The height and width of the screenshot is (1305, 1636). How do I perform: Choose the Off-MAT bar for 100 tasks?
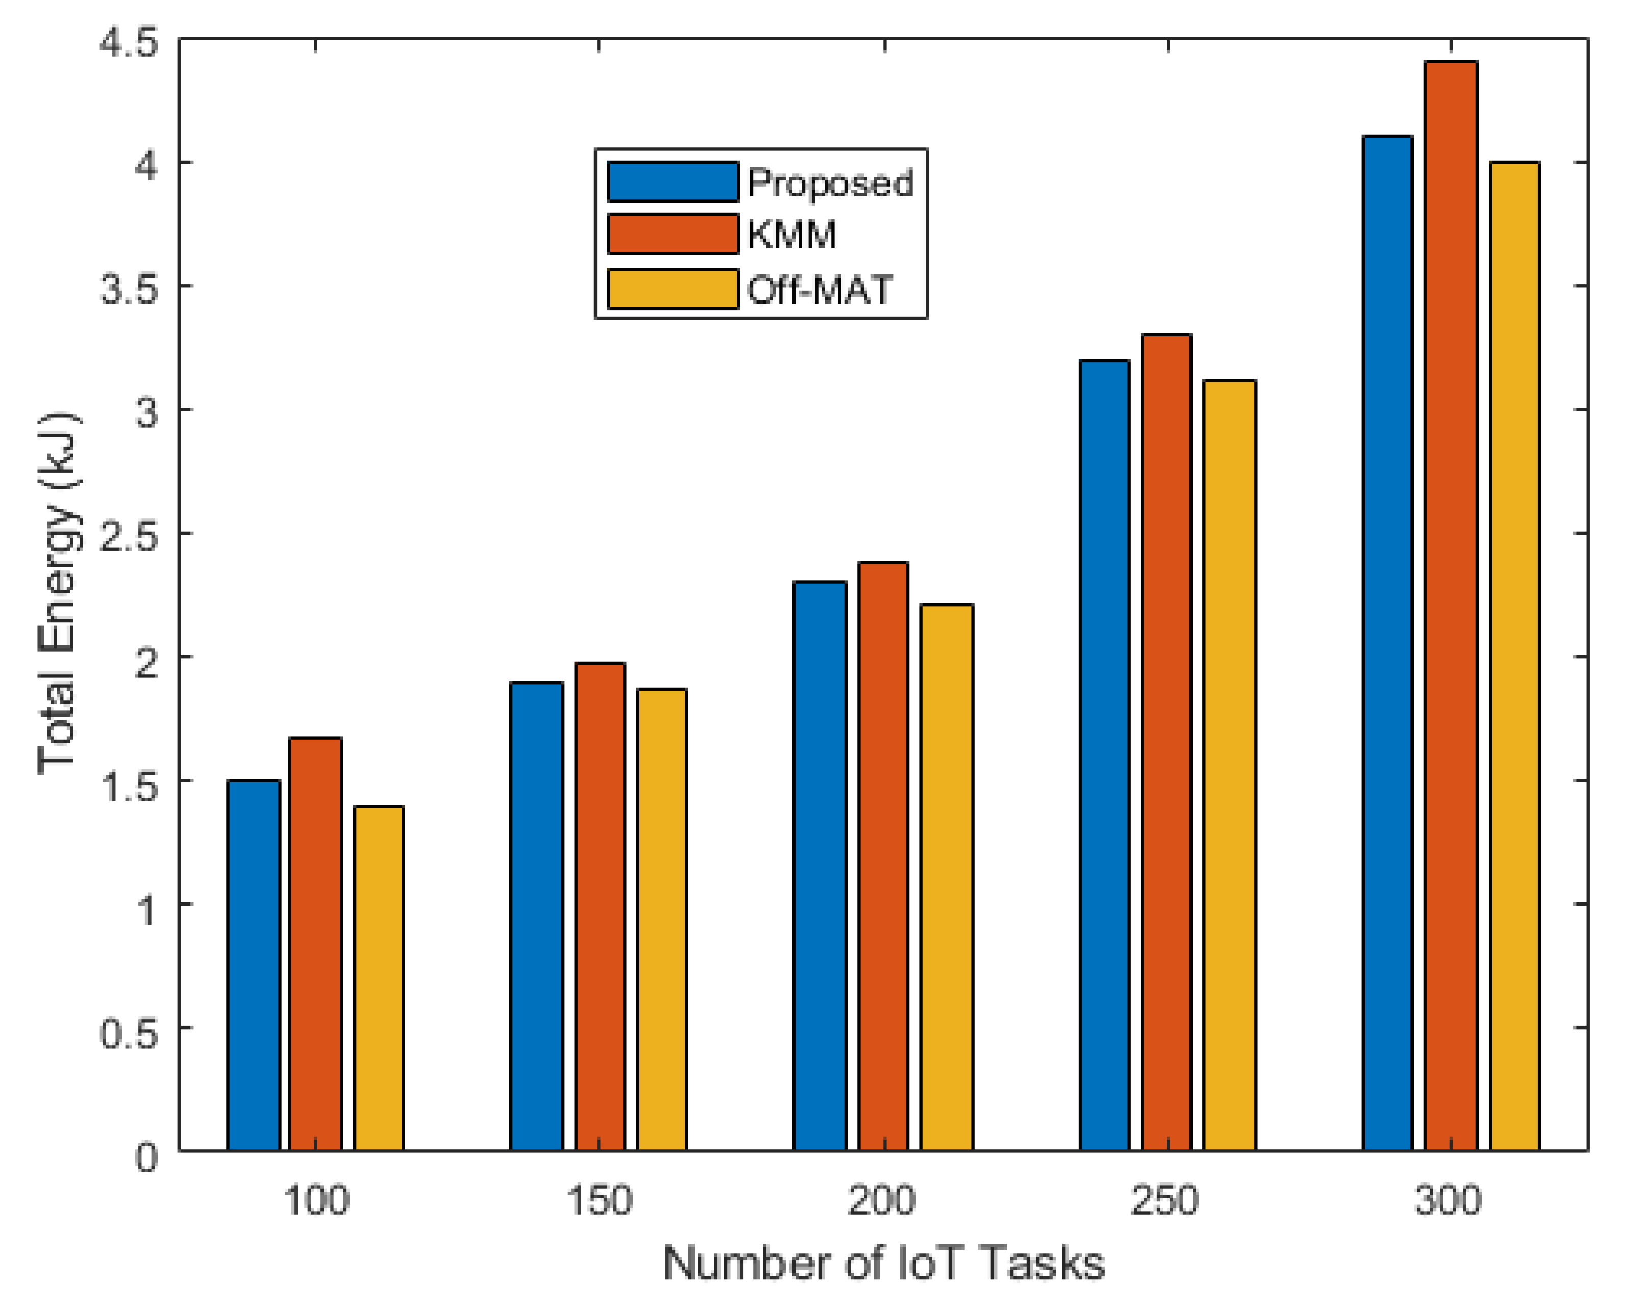click(x=379, y=978)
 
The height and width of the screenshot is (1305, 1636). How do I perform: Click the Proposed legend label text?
click(x=830, y=183)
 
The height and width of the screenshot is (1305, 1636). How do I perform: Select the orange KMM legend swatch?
click(x=672, y=234)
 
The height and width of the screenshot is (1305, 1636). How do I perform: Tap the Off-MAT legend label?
click(x=820, y=290)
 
